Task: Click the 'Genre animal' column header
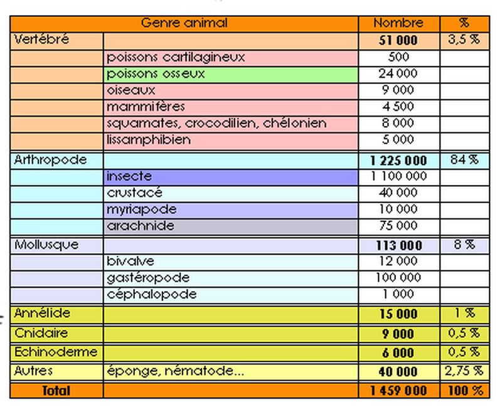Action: [x=184, y=24]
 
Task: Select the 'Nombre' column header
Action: [x=398, y=24]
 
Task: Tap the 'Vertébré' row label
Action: [x=41, y=40]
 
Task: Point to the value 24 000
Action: [x=398, y=74]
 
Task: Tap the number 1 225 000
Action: [x=398, y=161]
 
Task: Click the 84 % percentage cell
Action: [x=464, y=160]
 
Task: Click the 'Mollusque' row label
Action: [x=46, y=245]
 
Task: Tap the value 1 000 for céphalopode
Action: [x=398, y=294]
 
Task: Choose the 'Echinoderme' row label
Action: [x=56, y=352]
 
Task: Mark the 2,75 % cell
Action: [x=464, y=371]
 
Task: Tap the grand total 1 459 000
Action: [x=398, y=391]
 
